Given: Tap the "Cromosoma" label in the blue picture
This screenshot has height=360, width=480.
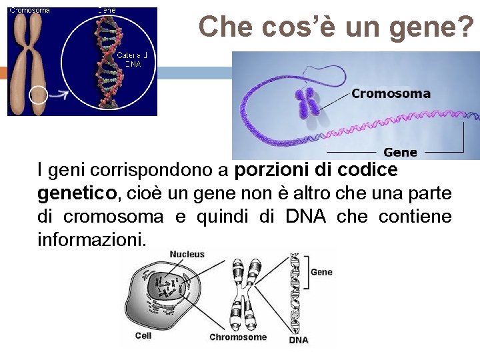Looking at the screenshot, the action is pos(391,93).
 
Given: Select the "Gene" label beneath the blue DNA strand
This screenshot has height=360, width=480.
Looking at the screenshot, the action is pos(400,152).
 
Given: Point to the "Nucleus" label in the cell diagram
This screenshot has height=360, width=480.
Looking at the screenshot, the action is pos(187,255).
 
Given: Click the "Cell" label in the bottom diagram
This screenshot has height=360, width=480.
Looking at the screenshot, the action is pos(143,335).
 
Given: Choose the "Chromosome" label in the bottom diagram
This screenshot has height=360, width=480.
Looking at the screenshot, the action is pos(238,337).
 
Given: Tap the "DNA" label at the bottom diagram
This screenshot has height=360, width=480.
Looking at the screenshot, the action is pos(299,340).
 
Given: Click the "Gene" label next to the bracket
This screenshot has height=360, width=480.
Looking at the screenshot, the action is pos(321,272).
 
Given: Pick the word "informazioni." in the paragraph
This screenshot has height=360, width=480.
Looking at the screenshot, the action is pos(91,239).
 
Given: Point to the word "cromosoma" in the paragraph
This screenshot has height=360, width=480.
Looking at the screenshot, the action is pos(113,217).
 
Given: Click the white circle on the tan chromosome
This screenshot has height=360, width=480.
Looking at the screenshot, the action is pos(37,95).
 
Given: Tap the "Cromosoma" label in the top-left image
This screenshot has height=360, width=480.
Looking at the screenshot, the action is pos(29,10).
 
